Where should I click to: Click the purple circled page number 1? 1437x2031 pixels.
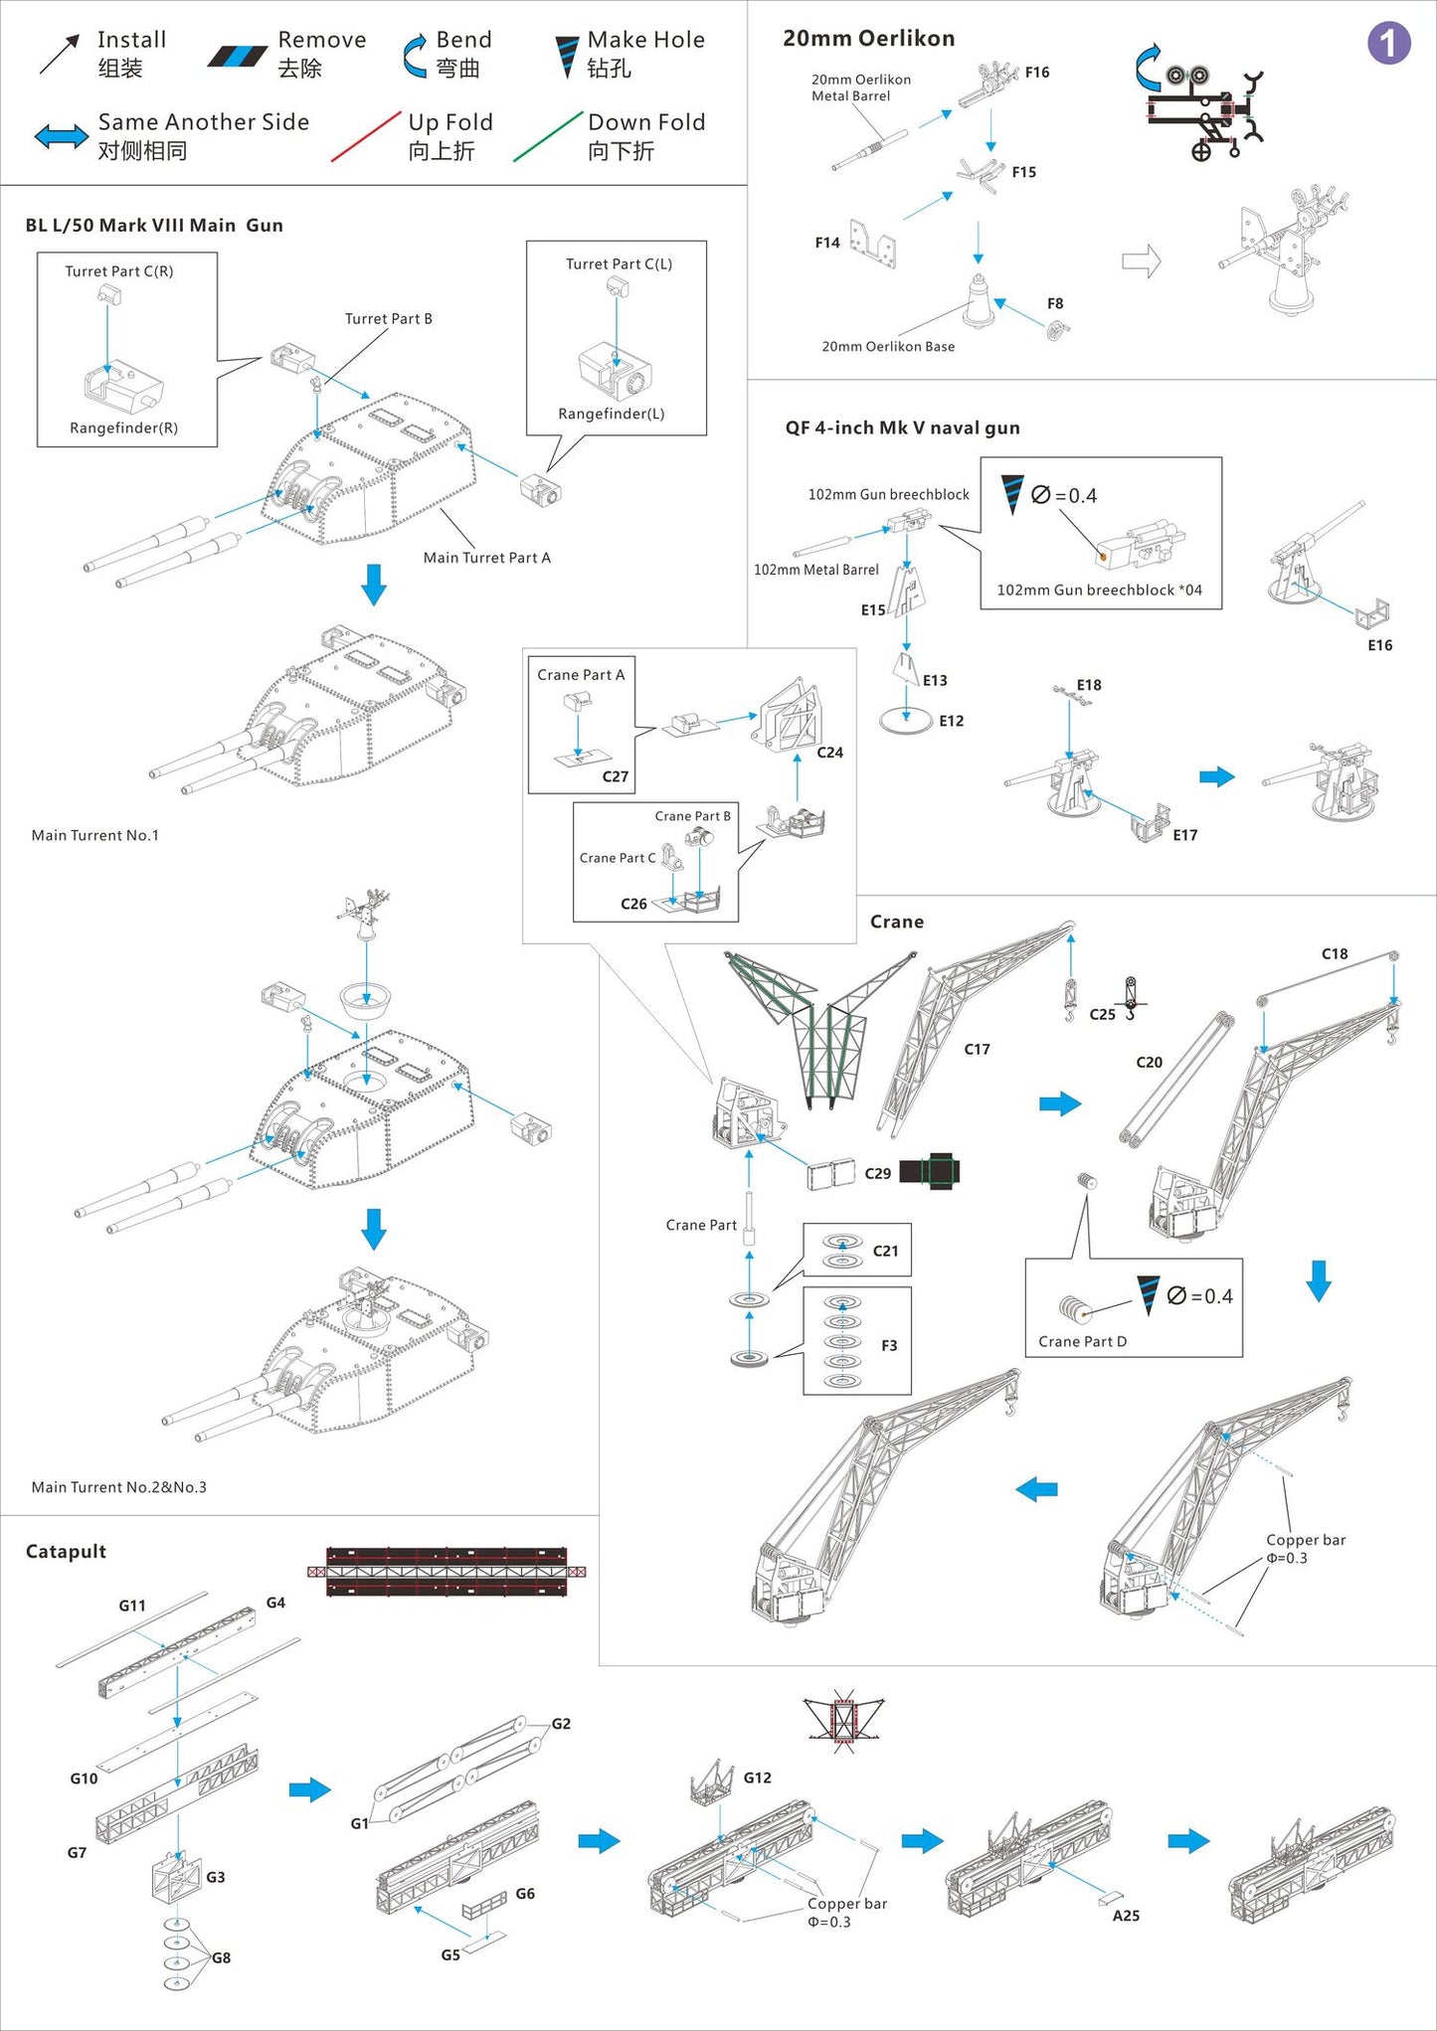click(1388, 44)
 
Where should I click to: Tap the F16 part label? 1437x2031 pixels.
click(1037, 73)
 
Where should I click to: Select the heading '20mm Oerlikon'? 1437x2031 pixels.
click(868, 39)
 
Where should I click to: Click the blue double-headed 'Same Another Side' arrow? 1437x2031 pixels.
click(62, 136)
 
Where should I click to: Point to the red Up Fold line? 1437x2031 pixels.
click(365, 136)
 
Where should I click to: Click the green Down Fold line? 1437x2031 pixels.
click(548, 136)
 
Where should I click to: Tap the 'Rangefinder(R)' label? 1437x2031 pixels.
click(123, 428)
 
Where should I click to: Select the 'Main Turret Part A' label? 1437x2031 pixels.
click(486, 558)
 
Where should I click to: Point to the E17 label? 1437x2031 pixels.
click(1184, 835)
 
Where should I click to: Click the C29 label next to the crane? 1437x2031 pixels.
click(877, 1174)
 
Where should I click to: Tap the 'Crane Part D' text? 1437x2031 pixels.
click(1082, 1342)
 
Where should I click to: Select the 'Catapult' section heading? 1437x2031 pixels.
click(66, 1552)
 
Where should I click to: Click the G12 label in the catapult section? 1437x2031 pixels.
click(757, 1777)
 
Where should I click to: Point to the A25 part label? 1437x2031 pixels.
click(1126, 1916)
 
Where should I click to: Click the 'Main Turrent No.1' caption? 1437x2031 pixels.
click(94, 836)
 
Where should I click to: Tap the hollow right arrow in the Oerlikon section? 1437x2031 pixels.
click(1142, 261)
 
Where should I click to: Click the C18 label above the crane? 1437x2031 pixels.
click(1335, 954)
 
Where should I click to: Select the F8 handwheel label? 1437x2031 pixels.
click(1055, 304)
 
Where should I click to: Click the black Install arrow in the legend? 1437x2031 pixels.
click(60, 55)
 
